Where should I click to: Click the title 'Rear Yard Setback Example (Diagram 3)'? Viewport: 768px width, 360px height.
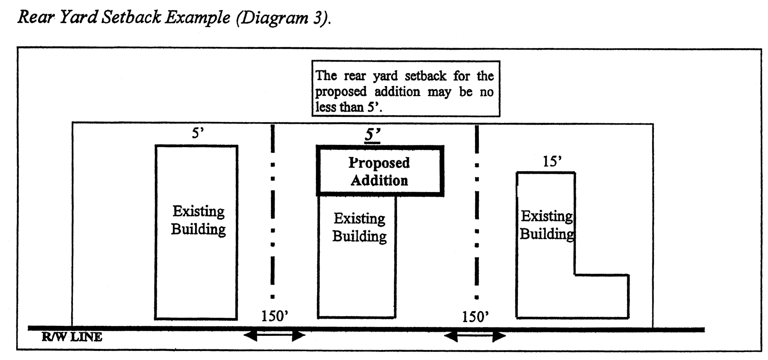(174, 18)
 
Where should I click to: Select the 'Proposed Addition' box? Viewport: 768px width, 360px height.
(380, 171)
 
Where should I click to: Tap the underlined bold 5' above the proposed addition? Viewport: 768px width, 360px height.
(372, 135)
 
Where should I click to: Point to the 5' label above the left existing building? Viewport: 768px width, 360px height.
(198, 133)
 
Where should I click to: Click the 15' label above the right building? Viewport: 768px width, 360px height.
(552, 161)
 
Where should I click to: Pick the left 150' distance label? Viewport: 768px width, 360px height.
(275, 316)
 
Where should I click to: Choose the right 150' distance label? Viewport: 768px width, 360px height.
(475, 317)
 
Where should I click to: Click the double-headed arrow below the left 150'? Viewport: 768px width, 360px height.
(275, 336)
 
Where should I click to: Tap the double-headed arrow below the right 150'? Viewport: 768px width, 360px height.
(475, 337)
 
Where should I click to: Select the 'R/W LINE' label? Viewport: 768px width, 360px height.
(72, 337)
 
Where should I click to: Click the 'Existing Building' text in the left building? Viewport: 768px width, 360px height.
(198, 220)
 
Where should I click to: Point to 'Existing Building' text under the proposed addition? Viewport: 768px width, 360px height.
(359, 227)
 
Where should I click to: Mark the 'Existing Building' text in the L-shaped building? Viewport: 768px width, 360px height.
(547, 225)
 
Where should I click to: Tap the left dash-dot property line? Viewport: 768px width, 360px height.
(273, 211)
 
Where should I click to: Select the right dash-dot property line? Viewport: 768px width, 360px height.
(477, 211)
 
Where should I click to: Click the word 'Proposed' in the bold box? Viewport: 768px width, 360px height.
(379, 163)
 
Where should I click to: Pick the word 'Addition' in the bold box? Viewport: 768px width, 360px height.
(379, 181)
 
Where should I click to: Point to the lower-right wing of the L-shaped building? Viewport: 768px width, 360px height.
(601, 296)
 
